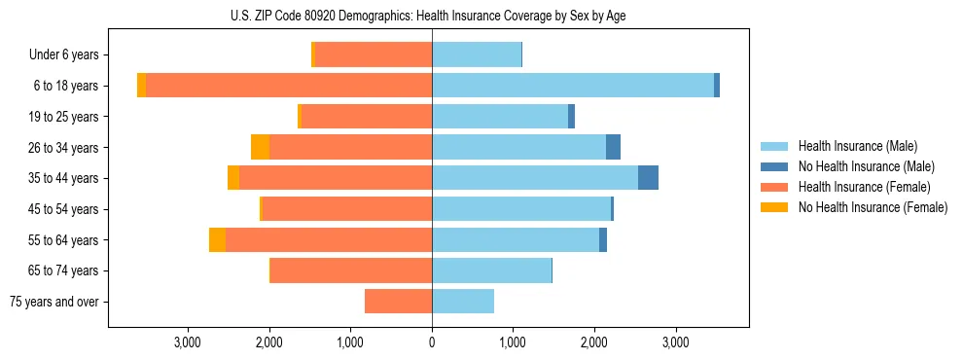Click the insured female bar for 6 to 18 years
coord(289,86)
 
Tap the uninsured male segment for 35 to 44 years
coord(648,178)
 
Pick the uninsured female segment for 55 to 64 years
coord(217,240)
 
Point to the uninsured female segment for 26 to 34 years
coord(260,147)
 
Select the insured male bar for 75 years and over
coord(463,302)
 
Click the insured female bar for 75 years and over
coord(398,302)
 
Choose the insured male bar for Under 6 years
coord(477,54)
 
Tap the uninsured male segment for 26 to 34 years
coord(613,147)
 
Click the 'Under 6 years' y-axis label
coord(63,55)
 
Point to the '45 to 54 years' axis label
coord(61,209)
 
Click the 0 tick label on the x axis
coord(432,342)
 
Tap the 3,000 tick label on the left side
coord(187,342)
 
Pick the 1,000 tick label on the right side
coord(513,342)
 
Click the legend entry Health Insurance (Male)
coord(857,146)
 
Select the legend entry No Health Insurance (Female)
coord(873,207)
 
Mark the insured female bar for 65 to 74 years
coord(351,270)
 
